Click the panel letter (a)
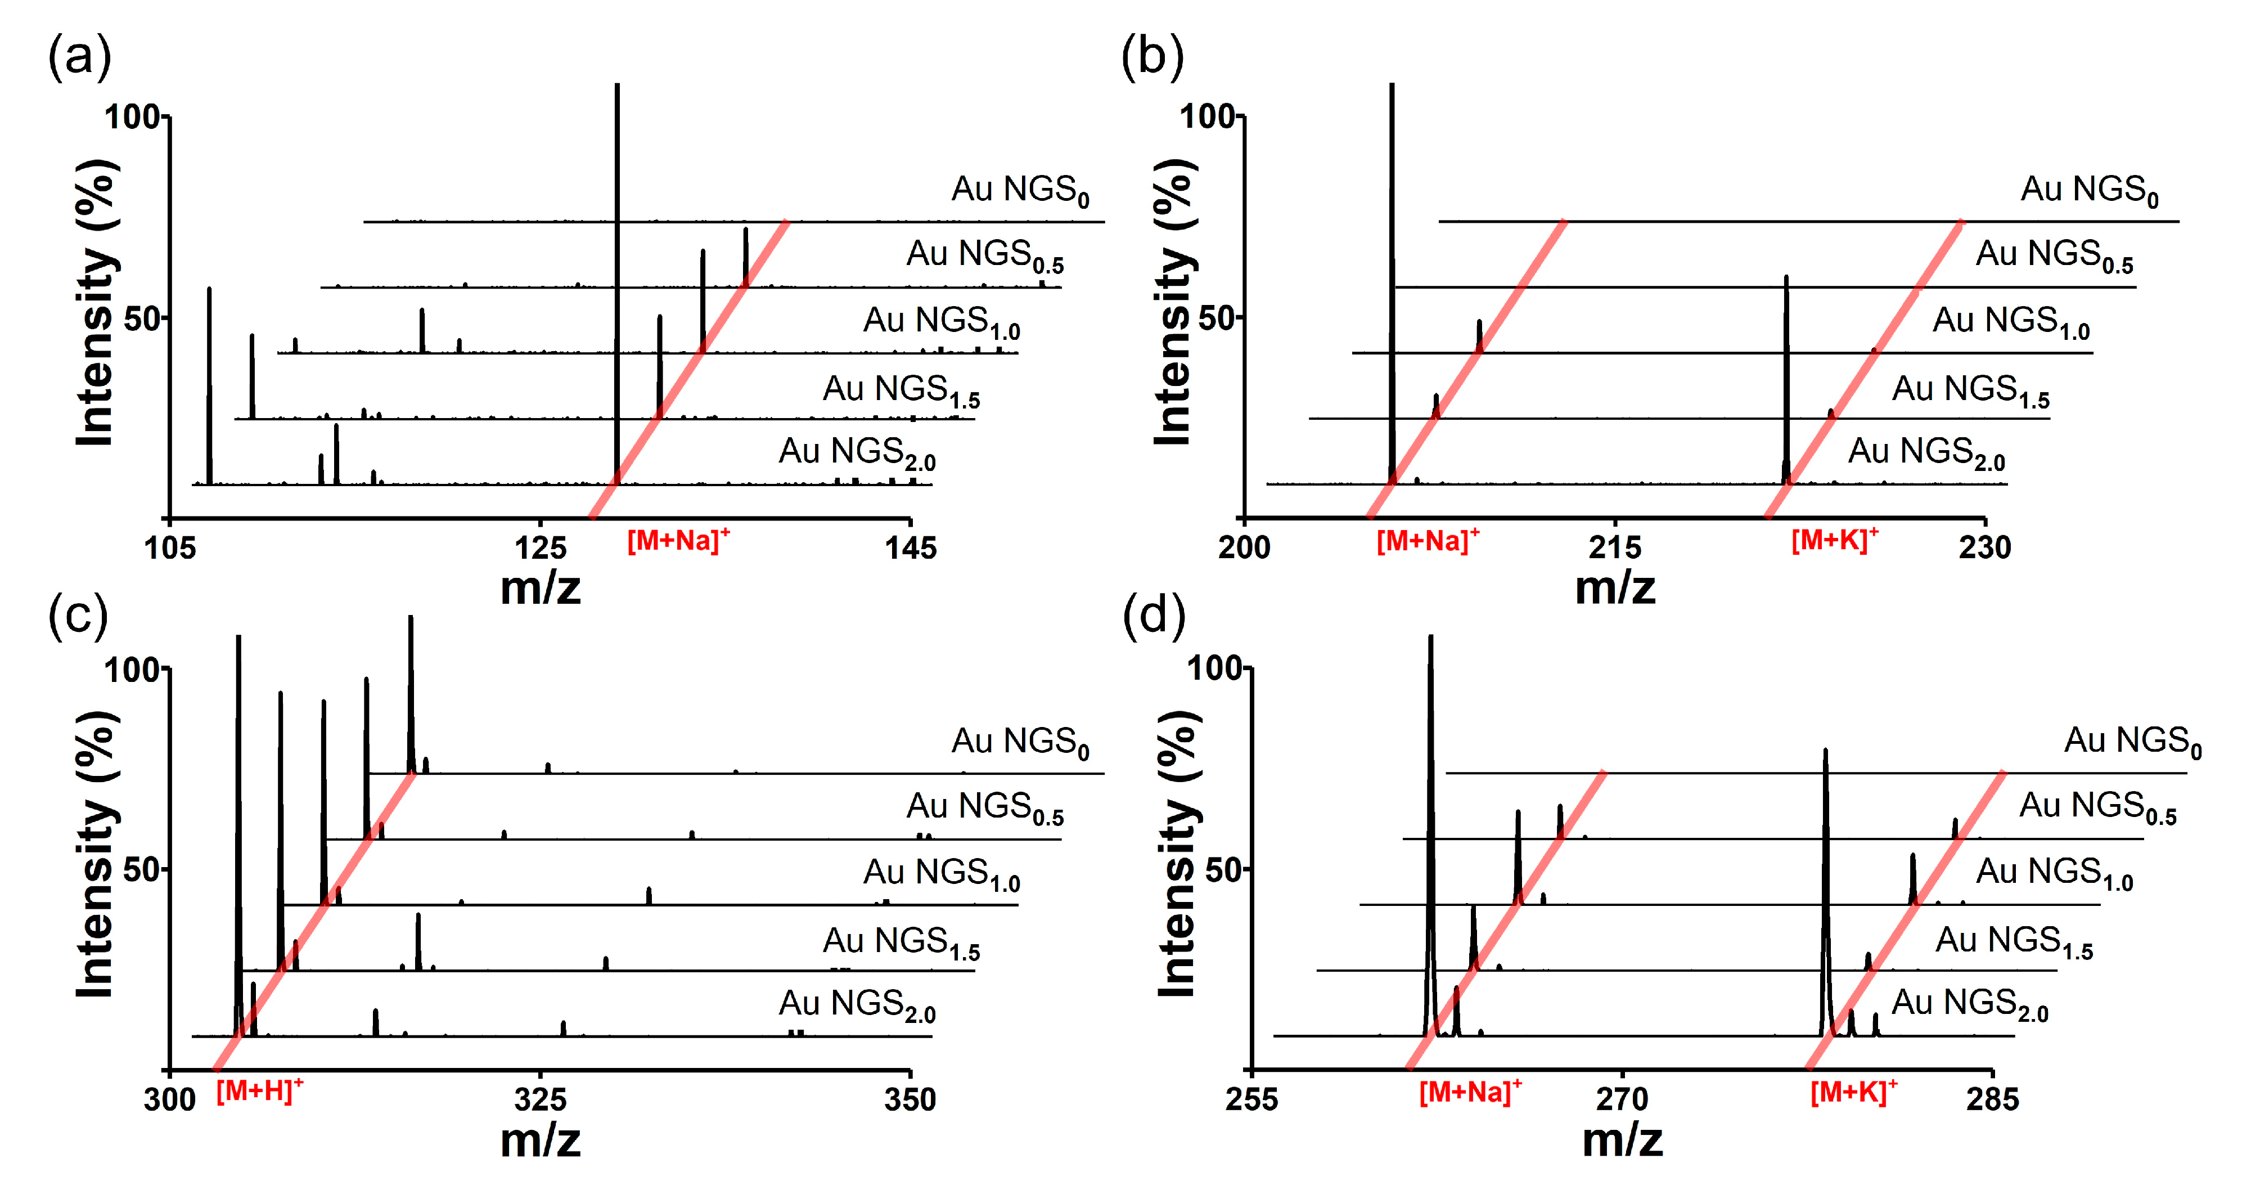79,57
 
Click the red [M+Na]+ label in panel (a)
678,540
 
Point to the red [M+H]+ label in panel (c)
259,1090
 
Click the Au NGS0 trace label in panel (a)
1020,191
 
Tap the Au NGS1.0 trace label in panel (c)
941,874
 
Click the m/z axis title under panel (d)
1622,1139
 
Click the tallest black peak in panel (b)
1392,262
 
